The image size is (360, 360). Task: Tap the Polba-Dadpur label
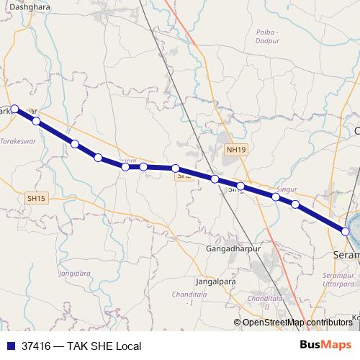point(267,37)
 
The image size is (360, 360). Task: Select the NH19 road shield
point(235,150)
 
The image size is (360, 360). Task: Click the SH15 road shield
point(35,198)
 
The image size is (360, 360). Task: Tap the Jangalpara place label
point(216,282)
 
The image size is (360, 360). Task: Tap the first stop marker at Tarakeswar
point(14,109)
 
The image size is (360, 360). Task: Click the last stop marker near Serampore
point(346,232)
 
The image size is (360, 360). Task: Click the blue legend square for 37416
point(10,346)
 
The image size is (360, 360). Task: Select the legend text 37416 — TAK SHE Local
point(81,346)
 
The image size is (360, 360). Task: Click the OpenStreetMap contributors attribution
point(297,323)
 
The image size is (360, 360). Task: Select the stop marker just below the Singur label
point(276,197)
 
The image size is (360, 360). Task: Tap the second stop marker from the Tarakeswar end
point(36,122)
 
